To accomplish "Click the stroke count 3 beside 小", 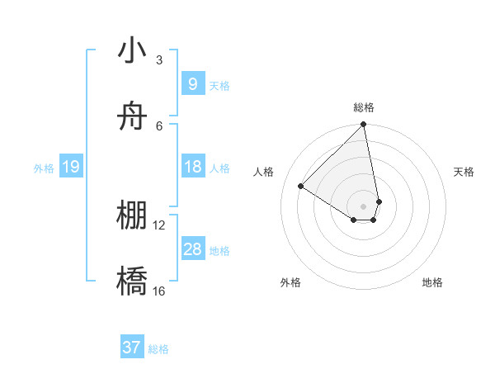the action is click(159, 60).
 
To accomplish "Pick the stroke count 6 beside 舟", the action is click(159, 125).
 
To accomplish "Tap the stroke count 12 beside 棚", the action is click(159, 225).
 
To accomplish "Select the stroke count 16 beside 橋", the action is click(159, 291).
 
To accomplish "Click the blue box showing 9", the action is click(192, 84).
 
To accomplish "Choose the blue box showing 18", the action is click(192, 167).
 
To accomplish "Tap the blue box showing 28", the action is click(192, 249).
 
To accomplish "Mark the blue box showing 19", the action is click(70, 168).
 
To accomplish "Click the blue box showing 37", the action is click(131, 348).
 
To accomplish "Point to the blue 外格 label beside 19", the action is click(44, 168).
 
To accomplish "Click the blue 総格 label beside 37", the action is click(158, 349).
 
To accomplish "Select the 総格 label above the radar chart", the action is click(364, 107).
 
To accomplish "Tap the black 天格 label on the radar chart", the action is click(464, 172).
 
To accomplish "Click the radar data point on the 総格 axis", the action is click(364, 125).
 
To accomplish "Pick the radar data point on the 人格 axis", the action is click(301, 186).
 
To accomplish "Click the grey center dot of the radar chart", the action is click(364, 206).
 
